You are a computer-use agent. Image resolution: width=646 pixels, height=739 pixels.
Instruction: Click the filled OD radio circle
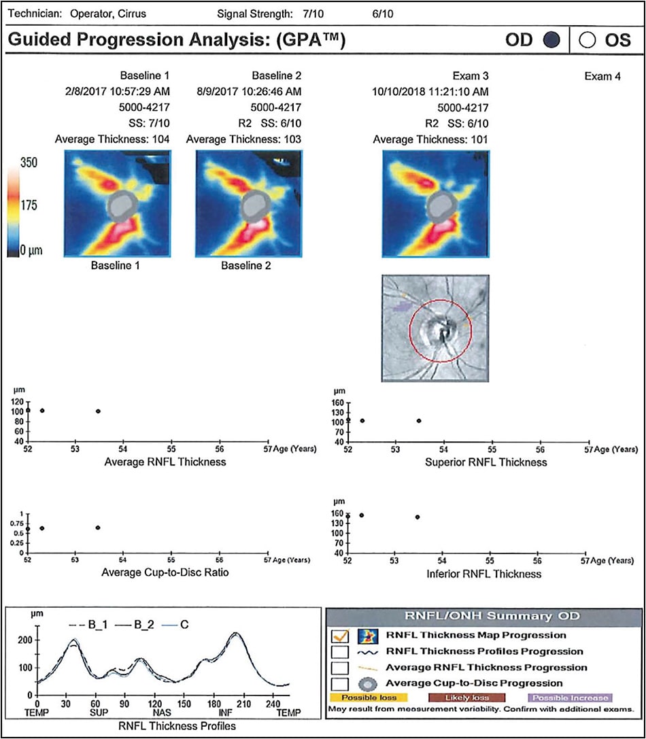(x=551, y=40)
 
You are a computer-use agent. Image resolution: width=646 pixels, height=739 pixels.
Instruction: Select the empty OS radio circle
(x=587, y=40)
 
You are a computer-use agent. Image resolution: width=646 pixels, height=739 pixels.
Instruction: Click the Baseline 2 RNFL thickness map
(x=248, y=204)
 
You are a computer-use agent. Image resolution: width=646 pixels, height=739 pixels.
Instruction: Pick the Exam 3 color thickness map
(x=435, y=204)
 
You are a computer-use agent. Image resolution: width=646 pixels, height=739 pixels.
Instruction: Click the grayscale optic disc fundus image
(x=435, y=328)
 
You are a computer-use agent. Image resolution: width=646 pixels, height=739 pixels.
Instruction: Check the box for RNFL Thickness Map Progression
(x=339, y=636)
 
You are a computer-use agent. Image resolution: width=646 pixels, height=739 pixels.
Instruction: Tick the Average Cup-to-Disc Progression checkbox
(x=339, y=683)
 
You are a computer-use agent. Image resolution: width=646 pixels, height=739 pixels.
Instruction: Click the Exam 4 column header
(x=602, y=77)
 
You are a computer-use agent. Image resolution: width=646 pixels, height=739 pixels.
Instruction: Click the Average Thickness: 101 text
(x=430, y=139)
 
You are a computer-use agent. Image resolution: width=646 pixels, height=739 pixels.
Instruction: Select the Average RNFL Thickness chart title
(x=165, y=462)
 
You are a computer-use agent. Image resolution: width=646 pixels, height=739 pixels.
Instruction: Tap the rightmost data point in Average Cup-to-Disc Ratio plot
(x=99, y=528)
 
